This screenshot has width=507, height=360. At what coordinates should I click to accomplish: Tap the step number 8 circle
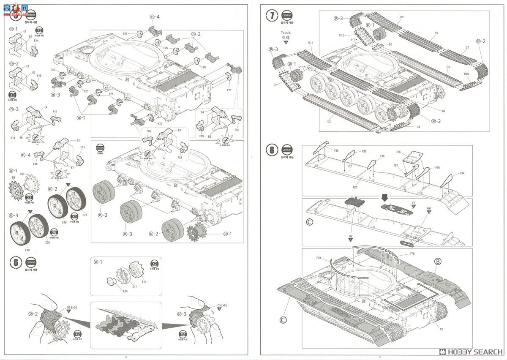point(273,150)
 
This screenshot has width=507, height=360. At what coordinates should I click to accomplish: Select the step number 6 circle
point(16,262)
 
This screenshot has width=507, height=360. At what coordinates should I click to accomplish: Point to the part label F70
point(160,124)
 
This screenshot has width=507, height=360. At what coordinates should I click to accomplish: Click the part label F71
point(229,90)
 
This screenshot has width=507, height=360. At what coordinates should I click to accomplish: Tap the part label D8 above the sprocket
point(14,177)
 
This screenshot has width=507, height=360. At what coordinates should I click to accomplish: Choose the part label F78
point(412,254)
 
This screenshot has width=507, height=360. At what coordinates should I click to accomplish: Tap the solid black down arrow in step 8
point(384,196)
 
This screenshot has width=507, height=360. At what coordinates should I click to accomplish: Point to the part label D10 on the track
point(466,74)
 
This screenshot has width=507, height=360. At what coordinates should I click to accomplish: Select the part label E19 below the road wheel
point(27,250)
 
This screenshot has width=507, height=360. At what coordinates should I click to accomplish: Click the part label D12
point(341,35)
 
